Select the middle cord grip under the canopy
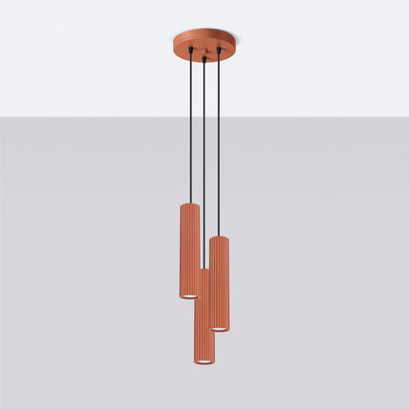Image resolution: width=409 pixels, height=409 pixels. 203,60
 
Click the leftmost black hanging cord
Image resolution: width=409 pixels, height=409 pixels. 189,124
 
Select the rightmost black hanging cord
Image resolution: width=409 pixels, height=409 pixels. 220,143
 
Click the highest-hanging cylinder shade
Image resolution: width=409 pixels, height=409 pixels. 188,249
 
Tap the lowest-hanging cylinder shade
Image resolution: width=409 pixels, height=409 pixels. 201,319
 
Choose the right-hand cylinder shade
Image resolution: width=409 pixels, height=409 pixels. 219,282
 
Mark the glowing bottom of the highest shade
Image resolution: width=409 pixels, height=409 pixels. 188,296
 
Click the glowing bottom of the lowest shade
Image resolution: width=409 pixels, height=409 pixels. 201,363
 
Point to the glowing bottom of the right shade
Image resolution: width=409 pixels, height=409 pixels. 219,327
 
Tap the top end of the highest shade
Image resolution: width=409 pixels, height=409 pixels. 188,204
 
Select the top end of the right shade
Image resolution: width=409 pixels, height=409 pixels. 219,239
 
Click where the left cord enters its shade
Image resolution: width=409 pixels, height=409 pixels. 189,202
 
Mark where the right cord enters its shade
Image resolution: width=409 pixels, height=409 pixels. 220,236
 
